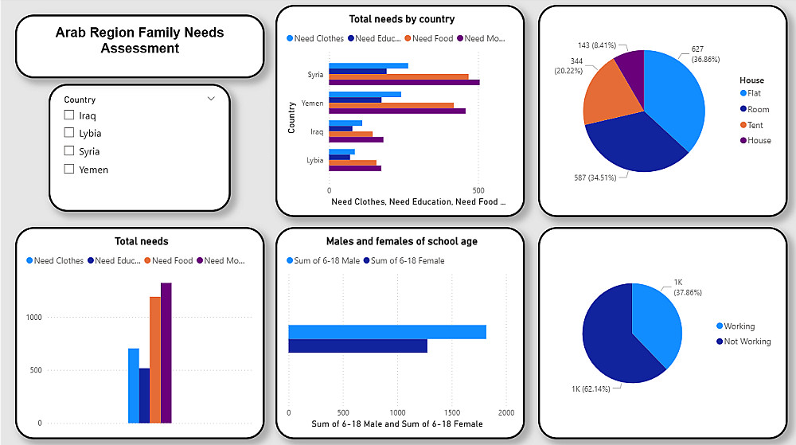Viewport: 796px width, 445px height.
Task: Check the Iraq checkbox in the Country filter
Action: (x=69, y=115)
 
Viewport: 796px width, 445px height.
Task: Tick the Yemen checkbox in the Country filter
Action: (x=69, y=169)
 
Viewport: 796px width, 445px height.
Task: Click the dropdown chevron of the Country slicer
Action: (x=211, y=99)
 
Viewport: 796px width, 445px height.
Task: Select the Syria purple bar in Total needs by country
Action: (x=404, y=82)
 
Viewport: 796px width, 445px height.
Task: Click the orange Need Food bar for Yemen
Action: (x=391, y=105)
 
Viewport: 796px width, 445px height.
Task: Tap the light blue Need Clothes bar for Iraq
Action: (x=345, y=123)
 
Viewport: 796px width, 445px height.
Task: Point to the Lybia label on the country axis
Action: (x=315, y=160)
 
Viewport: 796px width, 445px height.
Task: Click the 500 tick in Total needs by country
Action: (x=478, y=191)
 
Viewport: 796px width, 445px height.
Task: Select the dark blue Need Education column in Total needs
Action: (x=144, y=395)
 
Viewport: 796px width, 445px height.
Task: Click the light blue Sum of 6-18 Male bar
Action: (x=387, y=332)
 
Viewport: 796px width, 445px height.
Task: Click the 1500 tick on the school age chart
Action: (x=452, y=413)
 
